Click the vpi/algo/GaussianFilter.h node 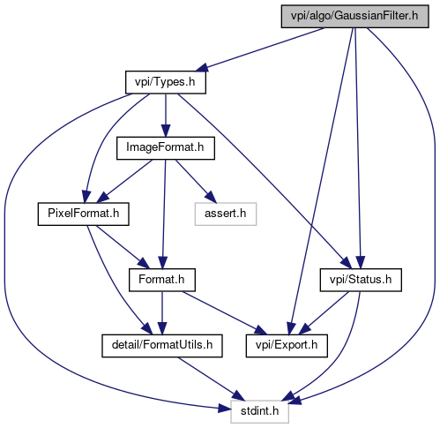354,17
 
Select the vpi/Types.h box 166,82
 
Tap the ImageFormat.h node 166,148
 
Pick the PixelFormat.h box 84,214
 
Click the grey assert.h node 226,214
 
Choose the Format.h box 162,280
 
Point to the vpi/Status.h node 361,280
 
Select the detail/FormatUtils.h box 162,346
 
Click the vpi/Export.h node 287,346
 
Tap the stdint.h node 259,411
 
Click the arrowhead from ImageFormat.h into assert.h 211,197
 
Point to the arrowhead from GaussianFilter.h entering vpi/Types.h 202,67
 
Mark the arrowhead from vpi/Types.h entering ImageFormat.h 166,131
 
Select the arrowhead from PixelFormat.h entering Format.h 144,263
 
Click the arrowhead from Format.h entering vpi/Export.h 261,330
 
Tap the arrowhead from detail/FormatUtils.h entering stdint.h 238,395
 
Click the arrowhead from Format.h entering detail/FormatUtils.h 162,328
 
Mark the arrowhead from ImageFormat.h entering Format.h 163,263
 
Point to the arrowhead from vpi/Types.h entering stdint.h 225,409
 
